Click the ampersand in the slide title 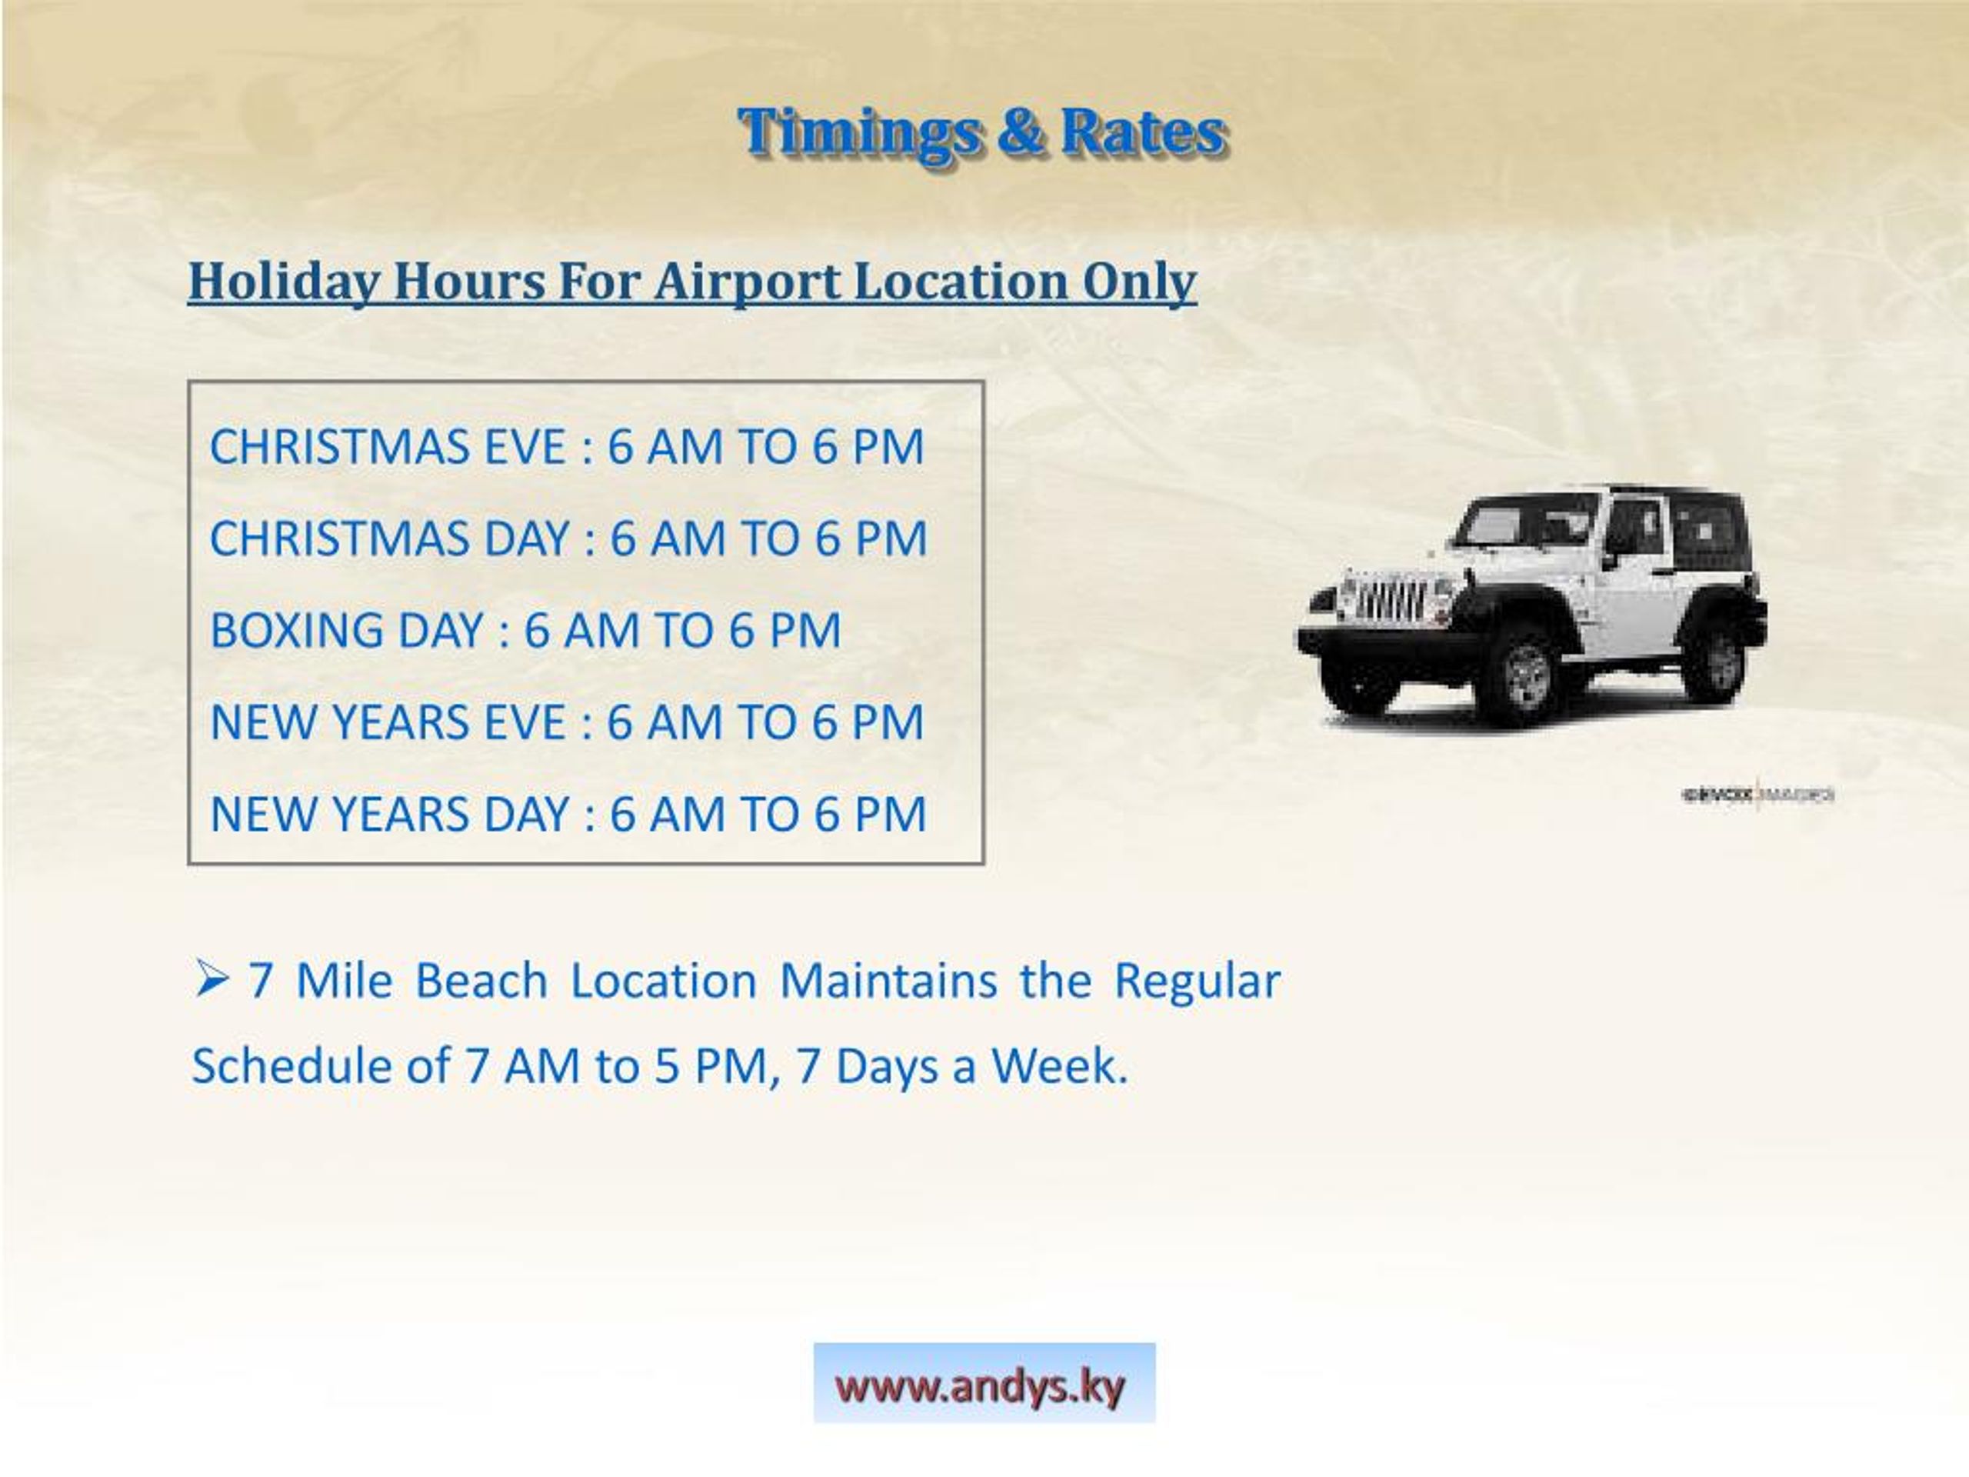point(1019,132)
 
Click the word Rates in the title point(1144,132)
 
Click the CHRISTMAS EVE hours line point(566,446)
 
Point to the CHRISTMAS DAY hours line point(568,538)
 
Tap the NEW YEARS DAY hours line point(568,814)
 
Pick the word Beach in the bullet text point(481,981)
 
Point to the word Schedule point(292,1065)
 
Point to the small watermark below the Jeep point(1757,793)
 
